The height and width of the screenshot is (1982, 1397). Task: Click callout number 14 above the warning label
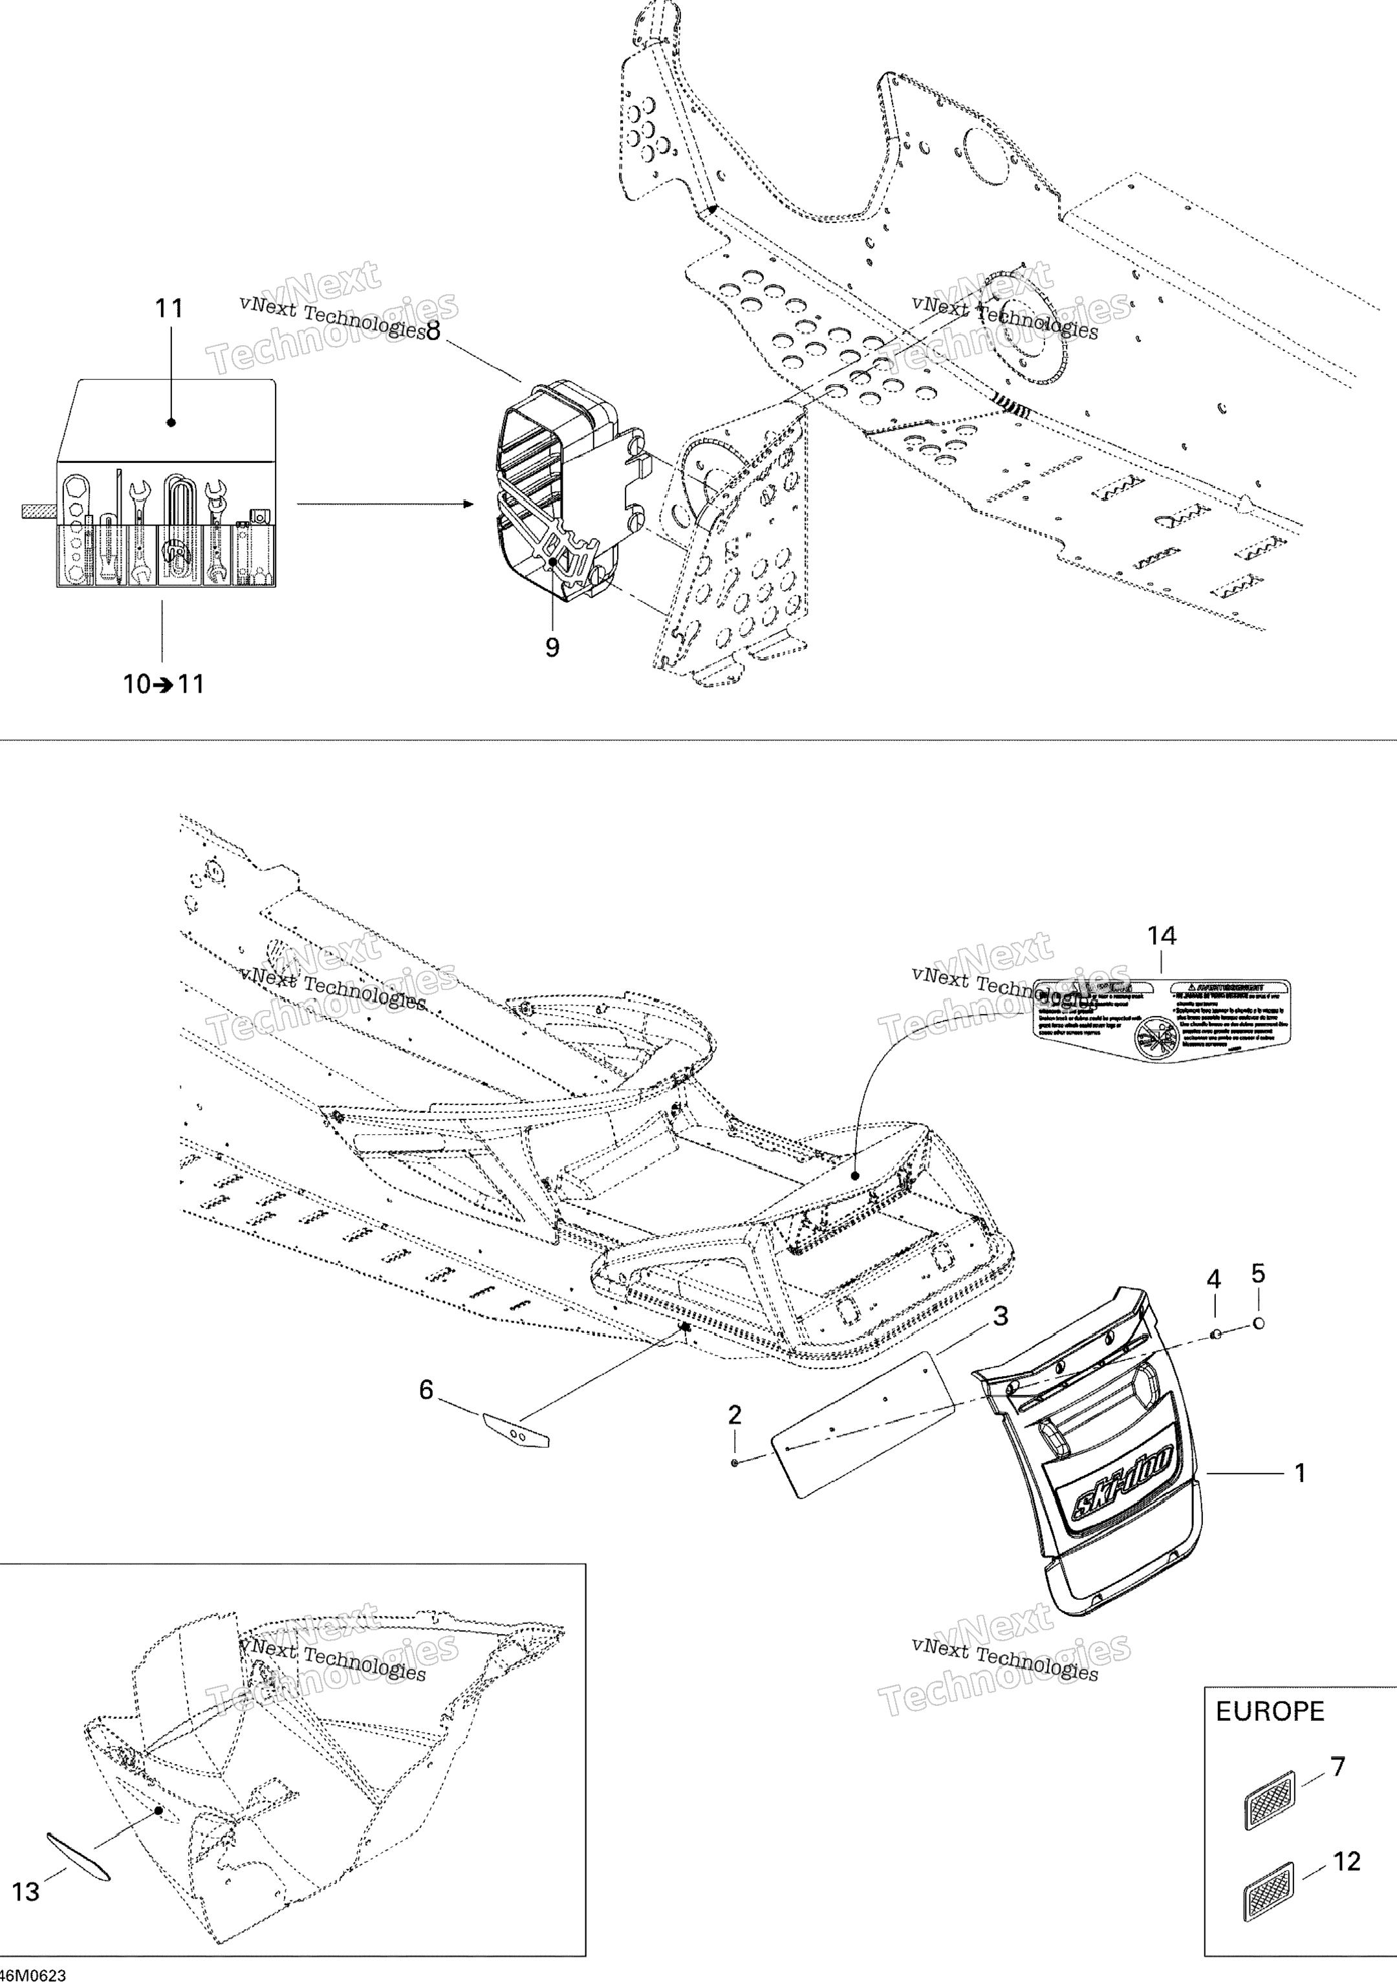click(x=1162, y=936)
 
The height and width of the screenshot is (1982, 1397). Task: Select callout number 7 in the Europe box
click(x=1337, y=1767)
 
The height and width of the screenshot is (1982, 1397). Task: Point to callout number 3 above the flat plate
click(x=1000, y=1317)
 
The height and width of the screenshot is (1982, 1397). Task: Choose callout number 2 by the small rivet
click(x=734, y=1415)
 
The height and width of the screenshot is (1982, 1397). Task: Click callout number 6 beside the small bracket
click(x=426, y=1390)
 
